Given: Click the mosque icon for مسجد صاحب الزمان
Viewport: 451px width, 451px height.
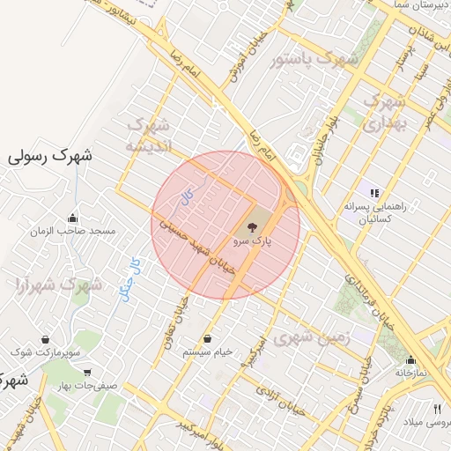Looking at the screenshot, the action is click(72, 218).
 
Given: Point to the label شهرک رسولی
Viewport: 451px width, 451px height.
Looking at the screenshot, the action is click(50, 156).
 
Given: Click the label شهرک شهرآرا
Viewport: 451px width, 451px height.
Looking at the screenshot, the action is click(58, 285).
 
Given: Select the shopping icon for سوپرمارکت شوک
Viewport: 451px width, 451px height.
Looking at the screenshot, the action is click(45, 339).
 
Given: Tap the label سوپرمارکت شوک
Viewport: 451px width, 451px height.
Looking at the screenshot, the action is click(46, 352).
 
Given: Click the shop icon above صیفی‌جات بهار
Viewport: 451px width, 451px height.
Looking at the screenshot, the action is click(86, 373).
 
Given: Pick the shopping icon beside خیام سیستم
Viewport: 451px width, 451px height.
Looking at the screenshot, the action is click(207, 338).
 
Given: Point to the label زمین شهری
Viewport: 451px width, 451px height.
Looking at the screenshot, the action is click(312, 337).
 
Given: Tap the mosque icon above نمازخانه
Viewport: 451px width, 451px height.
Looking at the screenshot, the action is click(410, 359).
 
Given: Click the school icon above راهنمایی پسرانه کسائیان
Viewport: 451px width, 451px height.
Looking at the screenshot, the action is click(374, 192).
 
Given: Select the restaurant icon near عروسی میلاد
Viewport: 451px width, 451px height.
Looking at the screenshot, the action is click(437, 409).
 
